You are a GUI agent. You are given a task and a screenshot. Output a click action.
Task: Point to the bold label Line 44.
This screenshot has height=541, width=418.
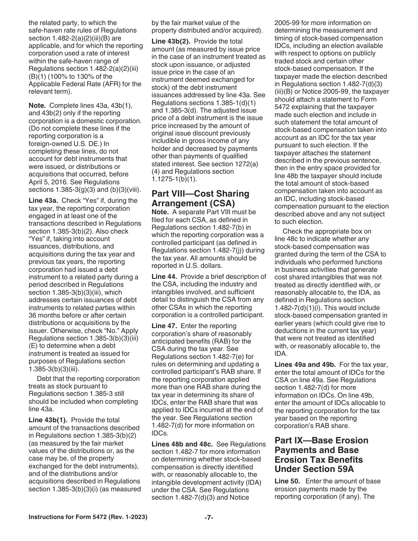(164, 277)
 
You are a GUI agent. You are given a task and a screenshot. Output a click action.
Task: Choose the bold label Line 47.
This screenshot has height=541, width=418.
(164, 326)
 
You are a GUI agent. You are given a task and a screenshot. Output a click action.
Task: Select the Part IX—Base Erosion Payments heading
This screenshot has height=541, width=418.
(321, 455)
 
